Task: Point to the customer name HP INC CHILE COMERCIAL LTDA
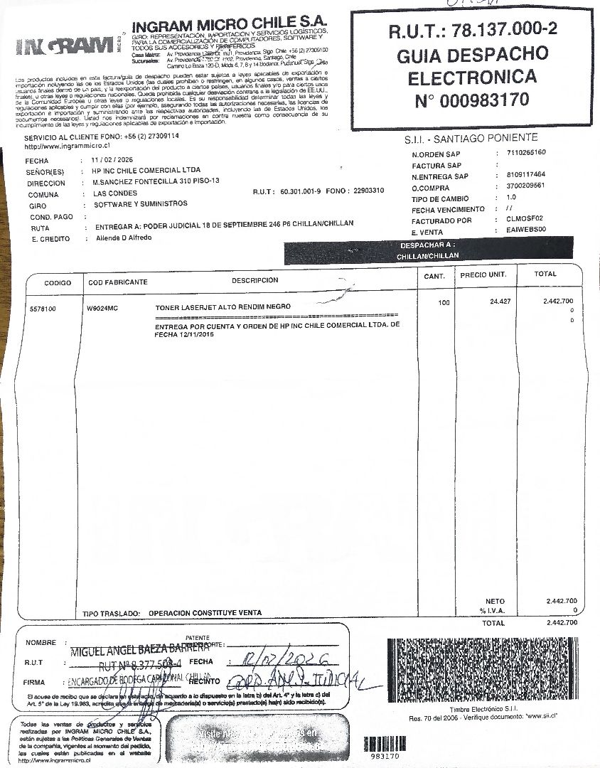click(x=146, y=171)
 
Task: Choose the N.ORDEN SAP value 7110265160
click(x=527, y=153)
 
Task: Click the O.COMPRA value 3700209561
click(x=527, y=186)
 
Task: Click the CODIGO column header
click(x=58, y=282)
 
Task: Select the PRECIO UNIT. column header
click(x=483, y=274)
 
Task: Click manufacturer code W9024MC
click(x=101, y=309)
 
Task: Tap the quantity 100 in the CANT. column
click(x=444, y=303)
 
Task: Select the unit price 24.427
click(x=501, y=302)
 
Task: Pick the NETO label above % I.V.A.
click(x=495, y=601)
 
